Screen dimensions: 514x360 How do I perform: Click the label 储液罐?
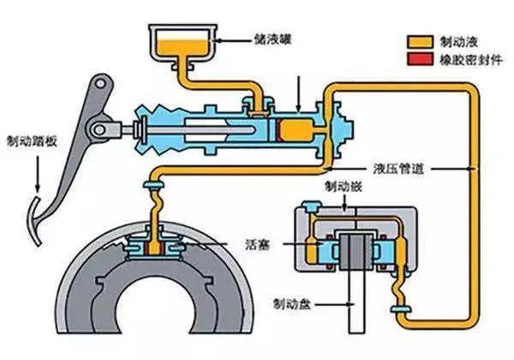272,40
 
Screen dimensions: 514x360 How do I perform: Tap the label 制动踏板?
33,141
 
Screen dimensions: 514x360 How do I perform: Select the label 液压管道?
399,169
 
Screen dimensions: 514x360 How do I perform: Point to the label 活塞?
258,244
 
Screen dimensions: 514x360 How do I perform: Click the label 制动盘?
292,304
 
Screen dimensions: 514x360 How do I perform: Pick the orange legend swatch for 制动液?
420,42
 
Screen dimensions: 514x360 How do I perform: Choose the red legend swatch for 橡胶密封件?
420,59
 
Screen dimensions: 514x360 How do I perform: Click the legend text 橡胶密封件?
470,60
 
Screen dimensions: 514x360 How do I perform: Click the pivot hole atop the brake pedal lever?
100,84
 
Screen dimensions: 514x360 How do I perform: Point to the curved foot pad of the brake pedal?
35,221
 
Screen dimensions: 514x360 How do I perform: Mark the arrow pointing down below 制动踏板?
38,174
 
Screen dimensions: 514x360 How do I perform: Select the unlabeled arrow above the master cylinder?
298,93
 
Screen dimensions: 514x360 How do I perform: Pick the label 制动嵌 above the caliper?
344,187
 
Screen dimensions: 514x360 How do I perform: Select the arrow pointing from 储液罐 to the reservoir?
232,40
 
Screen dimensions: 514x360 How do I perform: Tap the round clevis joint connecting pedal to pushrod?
99,130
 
